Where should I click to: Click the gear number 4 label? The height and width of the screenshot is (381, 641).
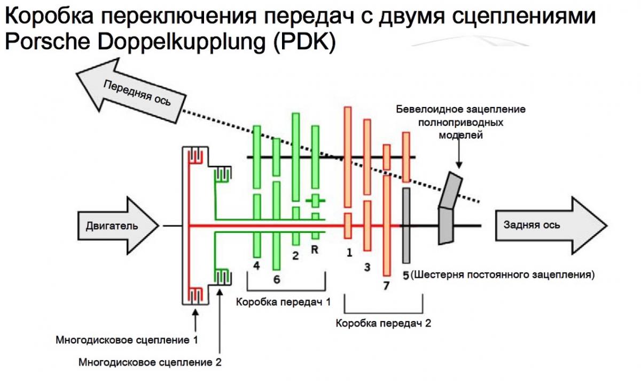(256, 265)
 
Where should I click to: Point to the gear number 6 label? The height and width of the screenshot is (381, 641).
(276, 279)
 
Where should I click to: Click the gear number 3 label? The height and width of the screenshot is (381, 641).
(366, 266)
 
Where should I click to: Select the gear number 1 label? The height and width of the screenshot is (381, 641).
(348, 251)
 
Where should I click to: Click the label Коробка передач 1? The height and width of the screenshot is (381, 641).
(283, 302)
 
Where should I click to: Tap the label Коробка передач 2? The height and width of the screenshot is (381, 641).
(383, 323)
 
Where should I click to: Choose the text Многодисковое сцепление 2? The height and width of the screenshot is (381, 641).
(150, 362)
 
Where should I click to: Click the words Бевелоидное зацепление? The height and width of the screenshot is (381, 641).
(460, 109)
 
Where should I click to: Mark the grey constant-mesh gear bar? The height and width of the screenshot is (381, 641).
(406, 225)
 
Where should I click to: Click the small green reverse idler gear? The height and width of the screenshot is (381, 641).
(315, 201)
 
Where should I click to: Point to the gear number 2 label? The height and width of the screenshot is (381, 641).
(295, 255)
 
